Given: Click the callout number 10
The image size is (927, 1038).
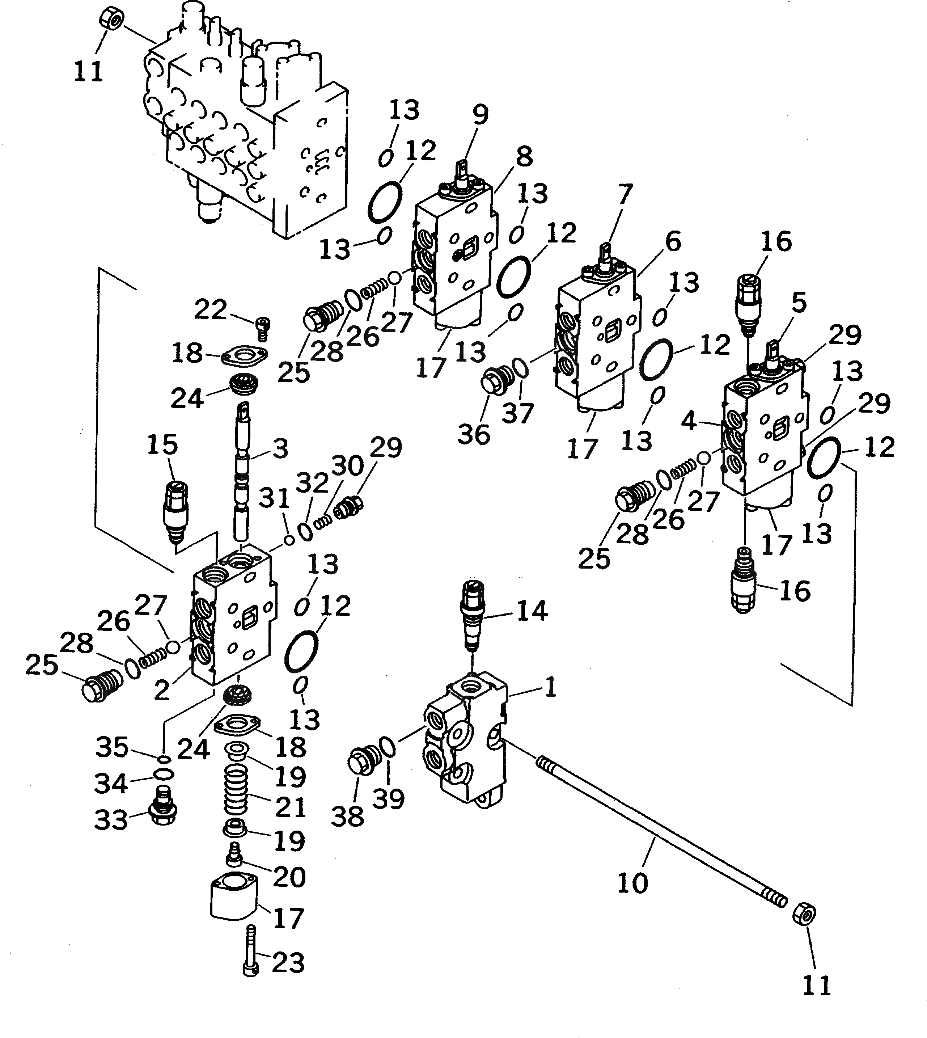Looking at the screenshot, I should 632,883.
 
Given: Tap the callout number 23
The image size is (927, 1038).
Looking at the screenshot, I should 288,963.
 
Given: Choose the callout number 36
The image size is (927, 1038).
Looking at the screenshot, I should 474,434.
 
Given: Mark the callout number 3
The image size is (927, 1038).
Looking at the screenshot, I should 280,449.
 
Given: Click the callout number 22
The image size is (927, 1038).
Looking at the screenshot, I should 210,309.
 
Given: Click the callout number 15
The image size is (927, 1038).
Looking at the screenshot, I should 162,445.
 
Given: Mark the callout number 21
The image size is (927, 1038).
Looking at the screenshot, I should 290,807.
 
